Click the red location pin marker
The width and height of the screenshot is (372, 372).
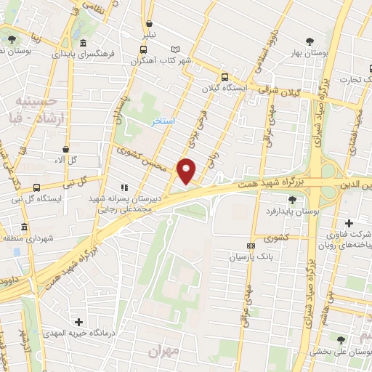point(187,170)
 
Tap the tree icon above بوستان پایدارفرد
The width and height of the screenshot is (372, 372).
point(292,199)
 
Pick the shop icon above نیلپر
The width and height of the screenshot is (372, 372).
point(149,23)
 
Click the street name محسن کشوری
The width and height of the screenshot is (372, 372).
point(142,158)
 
